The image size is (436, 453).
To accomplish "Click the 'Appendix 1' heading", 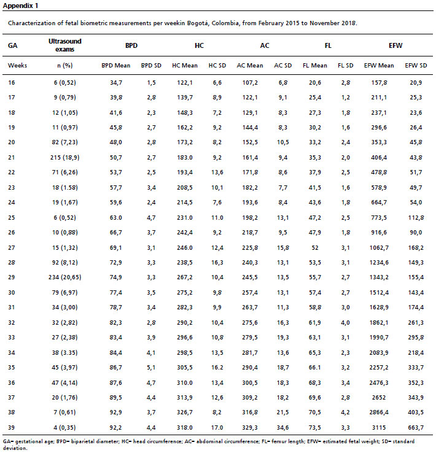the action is pos(20,6).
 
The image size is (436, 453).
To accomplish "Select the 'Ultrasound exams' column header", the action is pos(64,45).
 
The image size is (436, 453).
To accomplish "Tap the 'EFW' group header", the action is pos(395,45).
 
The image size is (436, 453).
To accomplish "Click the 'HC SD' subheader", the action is pos(217,66).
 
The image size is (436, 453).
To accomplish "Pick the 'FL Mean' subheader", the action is pos(314,66).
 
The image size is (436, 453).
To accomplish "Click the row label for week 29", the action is pos(12,277).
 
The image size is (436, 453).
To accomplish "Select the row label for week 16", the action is pos(12,83).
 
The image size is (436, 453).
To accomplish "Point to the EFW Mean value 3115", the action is pos(379,428).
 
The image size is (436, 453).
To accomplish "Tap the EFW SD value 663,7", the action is pos(416,428).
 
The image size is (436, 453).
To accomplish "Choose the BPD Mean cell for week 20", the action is pos(115,142).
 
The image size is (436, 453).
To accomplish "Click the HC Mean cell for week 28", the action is pos(185,262).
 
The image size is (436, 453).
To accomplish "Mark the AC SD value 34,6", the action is pos(282,428).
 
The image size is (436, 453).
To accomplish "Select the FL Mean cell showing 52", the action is pos(314,247).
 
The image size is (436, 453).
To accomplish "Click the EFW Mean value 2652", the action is pos(379,398).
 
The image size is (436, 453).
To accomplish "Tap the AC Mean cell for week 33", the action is pos(250,338).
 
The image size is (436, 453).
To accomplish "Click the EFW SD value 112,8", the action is pos(416,217).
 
